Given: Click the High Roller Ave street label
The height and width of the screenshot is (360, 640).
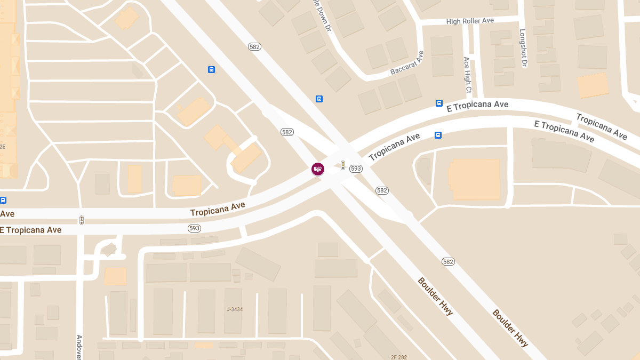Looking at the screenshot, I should (x=470, y=21).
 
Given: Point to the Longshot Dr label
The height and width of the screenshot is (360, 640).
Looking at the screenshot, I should (x=523, y=49).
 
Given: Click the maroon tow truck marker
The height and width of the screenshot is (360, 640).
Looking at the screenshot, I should (x=318, y=169).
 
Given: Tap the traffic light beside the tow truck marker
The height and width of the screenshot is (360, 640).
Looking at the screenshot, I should (x=343, y=166).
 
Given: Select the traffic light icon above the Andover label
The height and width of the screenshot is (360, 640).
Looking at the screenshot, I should (x=82, y=220).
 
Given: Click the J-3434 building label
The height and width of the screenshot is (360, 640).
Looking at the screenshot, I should (x=235, y=309).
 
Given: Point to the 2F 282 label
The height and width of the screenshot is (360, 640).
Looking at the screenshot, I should (x=398, y=356).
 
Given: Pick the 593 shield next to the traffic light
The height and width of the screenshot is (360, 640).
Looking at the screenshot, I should (x=356, y=169).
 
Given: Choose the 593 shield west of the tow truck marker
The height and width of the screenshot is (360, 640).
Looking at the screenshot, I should (x=194, y=228).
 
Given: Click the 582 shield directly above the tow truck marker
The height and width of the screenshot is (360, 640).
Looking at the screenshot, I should (x=287, y=132).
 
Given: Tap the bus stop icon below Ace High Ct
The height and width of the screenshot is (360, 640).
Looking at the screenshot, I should (x=439, y=103).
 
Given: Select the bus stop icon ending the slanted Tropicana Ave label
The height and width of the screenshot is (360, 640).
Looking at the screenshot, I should (x=438, y=135).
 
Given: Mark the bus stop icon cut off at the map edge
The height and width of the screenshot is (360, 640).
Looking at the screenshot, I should (x=3, y=201).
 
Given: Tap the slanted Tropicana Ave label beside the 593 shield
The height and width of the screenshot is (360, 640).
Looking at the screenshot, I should (x=394, y=147).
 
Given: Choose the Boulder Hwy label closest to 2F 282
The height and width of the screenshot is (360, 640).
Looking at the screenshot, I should (x=435, y=296).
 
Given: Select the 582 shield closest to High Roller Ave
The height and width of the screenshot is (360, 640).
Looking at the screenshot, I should (x=254, y=47).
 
